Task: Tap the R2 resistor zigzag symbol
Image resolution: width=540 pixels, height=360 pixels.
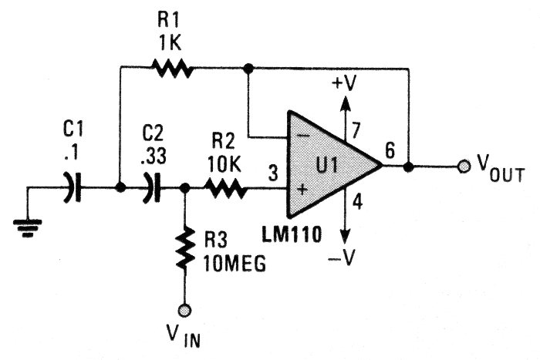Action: pos(225,187)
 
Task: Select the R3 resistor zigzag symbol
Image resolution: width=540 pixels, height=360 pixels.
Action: pos(185,248)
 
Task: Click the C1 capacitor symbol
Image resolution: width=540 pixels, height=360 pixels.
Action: pos(73,187)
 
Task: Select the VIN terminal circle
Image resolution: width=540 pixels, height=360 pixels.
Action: pos(185,310)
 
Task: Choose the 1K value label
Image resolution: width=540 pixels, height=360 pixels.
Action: pos(170,44)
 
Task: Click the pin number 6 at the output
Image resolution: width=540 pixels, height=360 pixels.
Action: pos(391,150)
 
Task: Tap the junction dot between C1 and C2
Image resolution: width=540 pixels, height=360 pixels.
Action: pos(120,187)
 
